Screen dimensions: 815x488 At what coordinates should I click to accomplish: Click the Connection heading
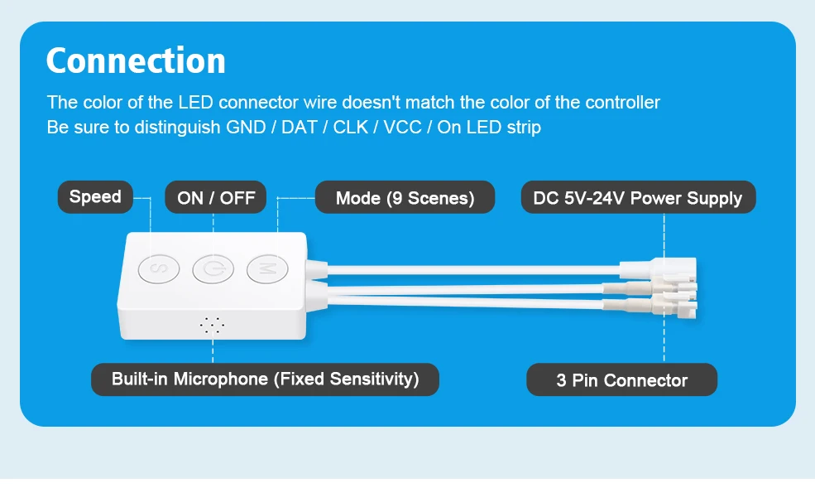coord(136,61)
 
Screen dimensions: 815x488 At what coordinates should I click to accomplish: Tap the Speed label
coord(95,197)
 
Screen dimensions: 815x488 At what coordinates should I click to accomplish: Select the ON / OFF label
coord(216,198)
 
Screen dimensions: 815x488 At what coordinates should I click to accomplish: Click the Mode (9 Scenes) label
coord(405,198)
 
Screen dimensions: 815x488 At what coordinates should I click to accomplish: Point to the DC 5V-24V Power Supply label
coord(638,198)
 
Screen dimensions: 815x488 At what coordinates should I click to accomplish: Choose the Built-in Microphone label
coord(265,379)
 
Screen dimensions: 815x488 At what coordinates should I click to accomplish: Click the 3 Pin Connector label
coord(621,381)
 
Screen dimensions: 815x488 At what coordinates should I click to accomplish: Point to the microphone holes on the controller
coord(212,325)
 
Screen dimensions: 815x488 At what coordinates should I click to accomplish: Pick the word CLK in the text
coord(351,128)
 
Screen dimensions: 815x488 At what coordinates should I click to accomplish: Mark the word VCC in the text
coord(402,128)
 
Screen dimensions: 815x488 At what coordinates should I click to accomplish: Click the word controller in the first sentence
coord(622,103)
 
